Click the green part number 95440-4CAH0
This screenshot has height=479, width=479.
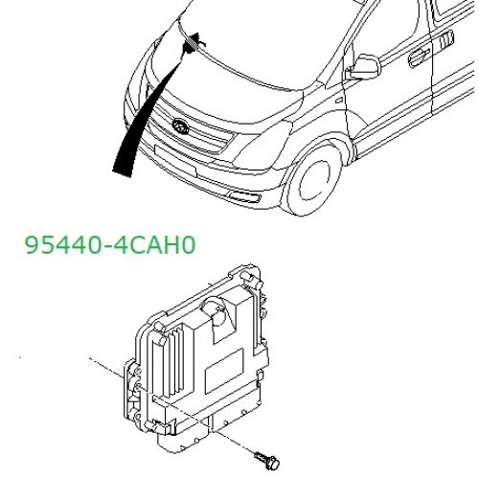pyautogui.click(x=110, y=245)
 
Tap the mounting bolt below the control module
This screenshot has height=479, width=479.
pyautogui.click(x=266, y=459)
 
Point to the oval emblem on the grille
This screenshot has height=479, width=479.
pyautogui.click(x=180, y=126)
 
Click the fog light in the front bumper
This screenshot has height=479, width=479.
pyautogui.click(x=244, y=195)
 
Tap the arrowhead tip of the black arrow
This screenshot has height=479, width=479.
pyautogui.click(x=196, y=33)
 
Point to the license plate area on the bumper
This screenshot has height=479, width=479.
pyautogui.click(x=175, y=160)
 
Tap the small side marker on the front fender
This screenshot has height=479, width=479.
pyautogui.click(x=339, y=101)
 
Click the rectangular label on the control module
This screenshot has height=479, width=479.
pyautogui.click(x=224, y=371)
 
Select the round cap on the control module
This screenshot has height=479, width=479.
pyautogui.click(x=214, y=308)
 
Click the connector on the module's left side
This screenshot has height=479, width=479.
pyautogui.click(x=131, y=391)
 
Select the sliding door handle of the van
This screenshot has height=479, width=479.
pyautogui.click(x=446, y=39)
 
